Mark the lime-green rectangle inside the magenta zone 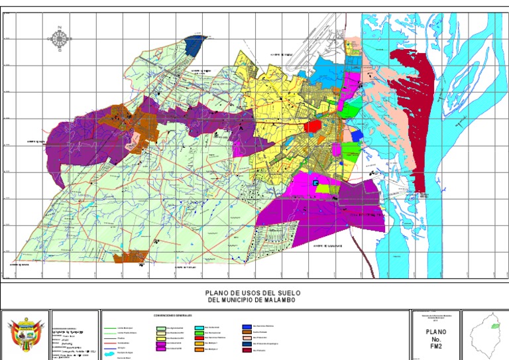point(323,188)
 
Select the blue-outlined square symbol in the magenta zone point(315,182)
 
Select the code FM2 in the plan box point(435,346)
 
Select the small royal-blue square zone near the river point(356,136)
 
